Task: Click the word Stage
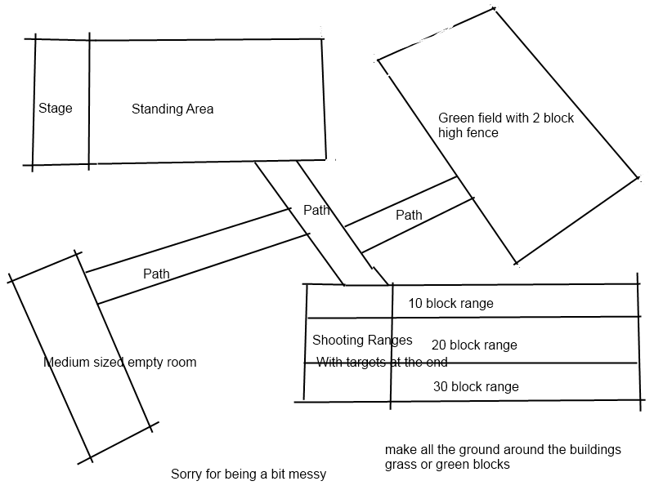pos(56,109)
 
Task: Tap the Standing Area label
pos(172,109)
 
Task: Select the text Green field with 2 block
pos(506,118)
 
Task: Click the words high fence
pos(468,132)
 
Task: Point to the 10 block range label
pos(450,304)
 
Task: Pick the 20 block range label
pos(474,345)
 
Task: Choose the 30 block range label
pos(476,386)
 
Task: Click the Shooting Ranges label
pos(362,340)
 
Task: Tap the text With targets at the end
pos(382,362)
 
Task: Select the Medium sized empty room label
pos(119,362)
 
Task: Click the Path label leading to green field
pos(409,216)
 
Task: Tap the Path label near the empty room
pos(156,274)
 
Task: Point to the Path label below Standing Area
pos(316,210)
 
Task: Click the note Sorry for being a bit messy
pos(248,474)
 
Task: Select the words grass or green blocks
pos(447,465)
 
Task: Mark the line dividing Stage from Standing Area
pos(89,102)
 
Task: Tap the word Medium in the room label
pos(65,362)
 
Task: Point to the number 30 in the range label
pos(441,386)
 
